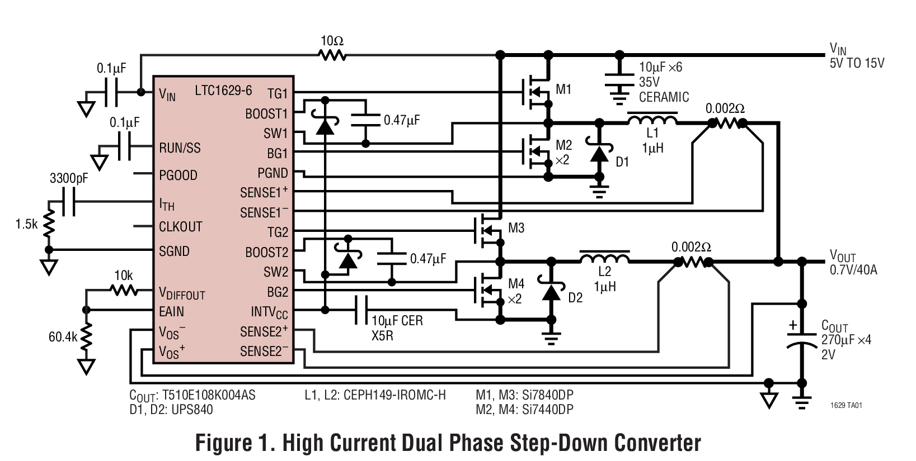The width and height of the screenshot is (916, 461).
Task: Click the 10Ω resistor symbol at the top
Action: point(332,55)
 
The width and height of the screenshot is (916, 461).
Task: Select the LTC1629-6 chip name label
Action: point(223,91)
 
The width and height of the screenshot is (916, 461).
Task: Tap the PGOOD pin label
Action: point(178,175)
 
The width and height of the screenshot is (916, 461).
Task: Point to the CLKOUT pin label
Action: point(180,227)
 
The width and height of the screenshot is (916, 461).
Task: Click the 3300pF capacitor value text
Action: point(69,179)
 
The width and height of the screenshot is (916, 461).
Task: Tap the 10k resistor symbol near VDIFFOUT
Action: point(124,290)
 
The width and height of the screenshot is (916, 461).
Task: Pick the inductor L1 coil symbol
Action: point(652,119)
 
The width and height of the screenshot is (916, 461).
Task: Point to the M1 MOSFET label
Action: point(563,89)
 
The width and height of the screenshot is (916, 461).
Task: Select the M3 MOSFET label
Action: point(516,228)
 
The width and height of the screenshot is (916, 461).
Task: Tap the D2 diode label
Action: point(575,298)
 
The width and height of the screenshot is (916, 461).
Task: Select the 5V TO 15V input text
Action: point(857,63)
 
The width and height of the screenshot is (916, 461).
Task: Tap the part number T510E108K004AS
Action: point(208,395)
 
